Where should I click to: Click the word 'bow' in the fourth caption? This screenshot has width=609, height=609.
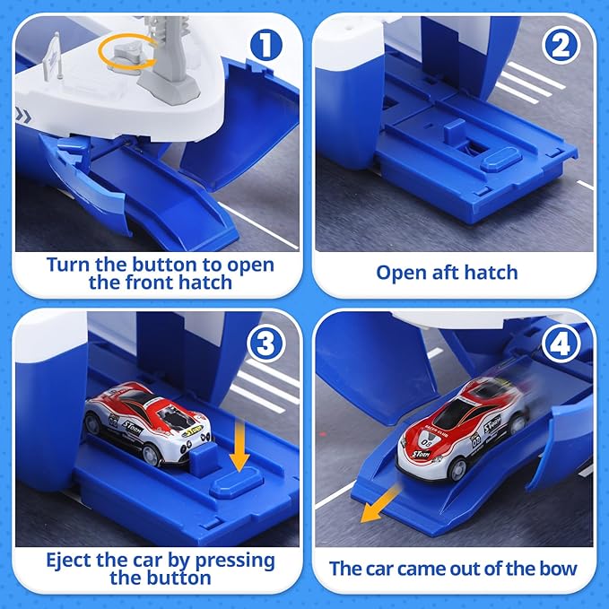(558, 568)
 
